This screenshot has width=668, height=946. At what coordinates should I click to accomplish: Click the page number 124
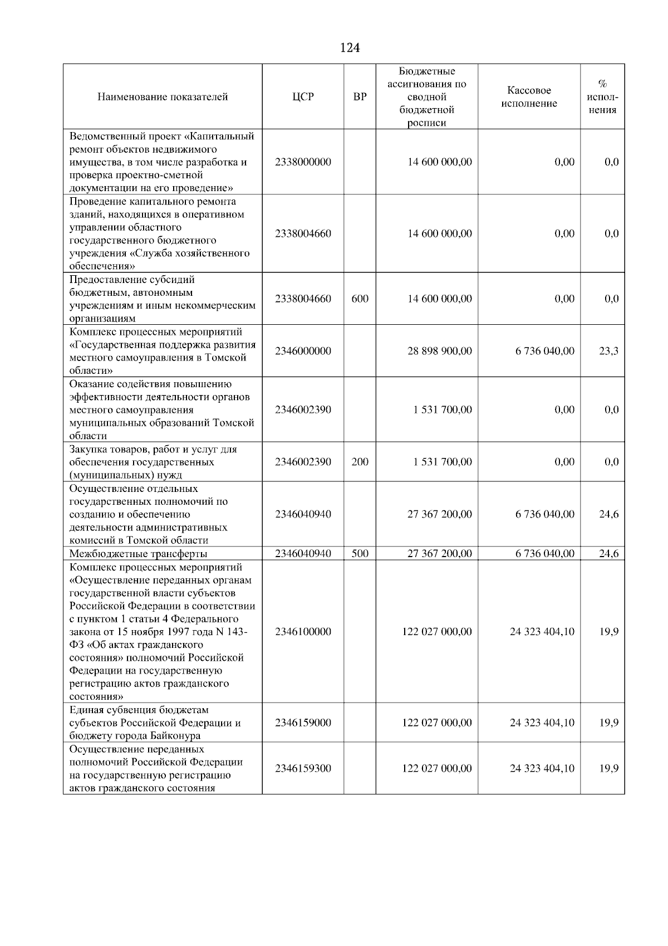350,48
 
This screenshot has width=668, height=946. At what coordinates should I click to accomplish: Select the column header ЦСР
303,97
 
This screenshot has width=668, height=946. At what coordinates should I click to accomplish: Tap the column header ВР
360,97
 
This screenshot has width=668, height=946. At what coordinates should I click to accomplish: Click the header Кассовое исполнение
529,97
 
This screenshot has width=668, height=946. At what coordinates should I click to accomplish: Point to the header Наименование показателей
163,97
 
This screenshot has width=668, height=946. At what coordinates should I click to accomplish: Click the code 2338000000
303,162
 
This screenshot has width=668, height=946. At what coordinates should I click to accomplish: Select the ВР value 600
360,299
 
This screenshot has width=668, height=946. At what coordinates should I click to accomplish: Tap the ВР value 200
360,462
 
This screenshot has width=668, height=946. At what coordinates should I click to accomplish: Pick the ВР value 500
360,553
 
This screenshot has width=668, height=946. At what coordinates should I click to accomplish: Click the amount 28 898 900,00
440,351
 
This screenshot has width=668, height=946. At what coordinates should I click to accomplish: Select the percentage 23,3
608,351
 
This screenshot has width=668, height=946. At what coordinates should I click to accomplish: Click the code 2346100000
303,632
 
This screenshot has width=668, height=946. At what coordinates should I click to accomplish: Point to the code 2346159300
303,768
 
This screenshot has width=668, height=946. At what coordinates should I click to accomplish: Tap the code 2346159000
303,723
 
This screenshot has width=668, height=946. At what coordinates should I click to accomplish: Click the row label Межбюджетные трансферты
138,554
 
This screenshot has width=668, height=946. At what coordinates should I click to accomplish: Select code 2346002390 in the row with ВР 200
303,462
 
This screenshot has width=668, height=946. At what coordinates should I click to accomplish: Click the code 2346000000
303,351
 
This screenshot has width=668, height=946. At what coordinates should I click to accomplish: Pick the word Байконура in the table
177,736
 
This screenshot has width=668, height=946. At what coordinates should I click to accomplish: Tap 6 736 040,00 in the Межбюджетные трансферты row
544,553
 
